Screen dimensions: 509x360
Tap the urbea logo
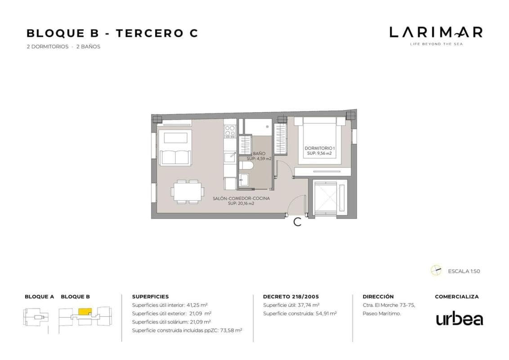click(460, 319)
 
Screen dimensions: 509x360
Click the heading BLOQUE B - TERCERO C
click(112, 33)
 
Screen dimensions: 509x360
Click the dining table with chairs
click(188, 192)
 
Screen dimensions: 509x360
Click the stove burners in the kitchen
click(230, 131)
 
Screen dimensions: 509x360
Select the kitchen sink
click(230, 157)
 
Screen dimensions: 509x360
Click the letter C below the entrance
click(297, 222)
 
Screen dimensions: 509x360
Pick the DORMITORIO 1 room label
click(319, 148)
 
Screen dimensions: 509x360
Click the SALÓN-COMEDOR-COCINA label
click(241, 198)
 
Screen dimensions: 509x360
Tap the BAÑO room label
click(259, 153)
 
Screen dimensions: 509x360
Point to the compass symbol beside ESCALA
click(436, 270)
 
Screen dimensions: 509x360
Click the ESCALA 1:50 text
click(464, 271)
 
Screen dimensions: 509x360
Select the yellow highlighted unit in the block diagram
click(85, 311)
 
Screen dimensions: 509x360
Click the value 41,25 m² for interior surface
click(197, 305)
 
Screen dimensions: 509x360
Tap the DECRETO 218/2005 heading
click(291, 297)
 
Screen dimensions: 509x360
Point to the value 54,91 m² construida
click(326, 314)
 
